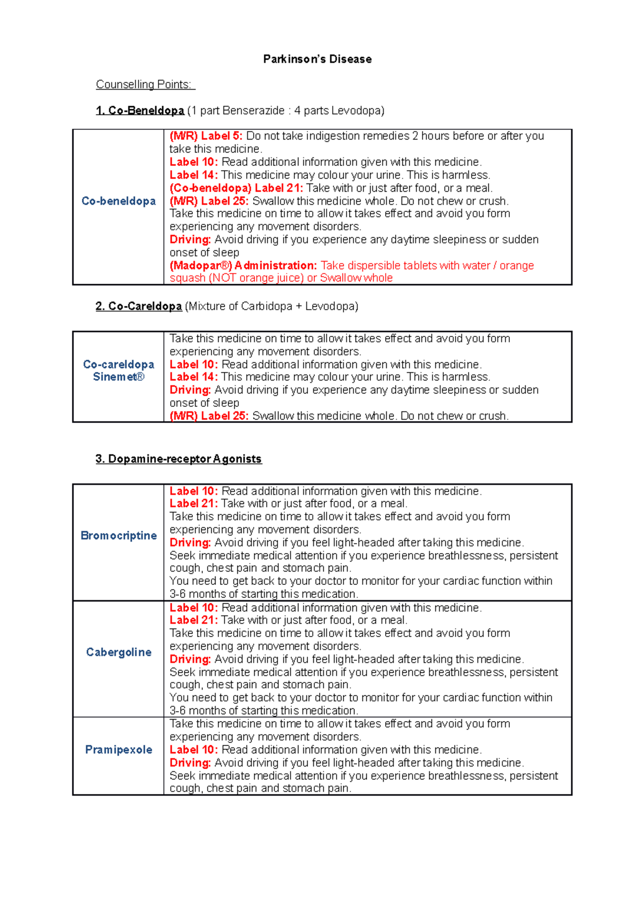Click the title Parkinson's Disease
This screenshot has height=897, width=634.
point(317,59)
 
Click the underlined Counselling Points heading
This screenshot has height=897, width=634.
point(145,85)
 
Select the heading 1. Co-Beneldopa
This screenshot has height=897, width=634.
point(140,110)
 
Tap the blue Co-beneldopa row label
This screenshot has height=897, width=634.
point(118,201)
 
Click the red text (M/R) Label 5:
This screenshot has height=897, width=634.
point(206,136)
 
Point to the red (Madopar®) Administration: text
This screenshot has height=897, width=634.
point(243,266)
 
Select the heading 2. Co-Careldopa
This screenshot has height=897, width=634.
point(139,306)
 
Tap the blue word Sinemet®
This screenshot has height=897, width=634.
point(118,377)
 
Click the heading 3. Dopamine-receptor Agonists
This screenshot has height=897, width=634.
point(179,459)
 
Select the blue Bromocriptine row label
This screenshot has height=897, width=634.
point(118,536)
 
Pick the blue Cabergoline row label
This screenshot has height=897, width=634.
point(118,652)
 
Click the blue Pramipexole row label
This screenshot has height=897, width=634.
point(118,750)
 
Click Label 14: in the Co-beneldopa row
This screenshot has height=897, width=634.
point(193,175)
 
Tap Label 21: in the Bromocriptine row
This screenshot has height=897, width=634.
point(193,503)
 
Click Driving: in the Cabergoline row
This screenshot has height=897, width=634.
point(190,659)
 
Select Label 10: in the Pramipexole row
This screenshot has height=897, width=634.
point(193,750)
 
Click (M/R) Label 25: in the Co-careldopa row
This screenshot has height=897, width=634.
point(209,416)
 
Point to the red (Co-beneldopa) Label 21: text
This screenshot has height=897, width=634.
point(236,188)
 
